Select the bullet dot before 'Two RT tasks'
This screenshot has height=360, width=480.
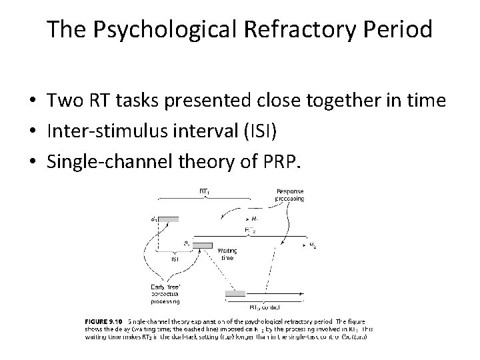[x=32, y=101]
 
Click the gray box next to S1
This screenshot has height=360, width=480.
[x=169, y=219]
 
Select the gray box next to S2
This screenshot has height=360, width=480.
[x=202, y=245]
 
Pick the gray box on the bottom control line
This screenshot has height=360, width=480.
[x=235, y=293]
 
